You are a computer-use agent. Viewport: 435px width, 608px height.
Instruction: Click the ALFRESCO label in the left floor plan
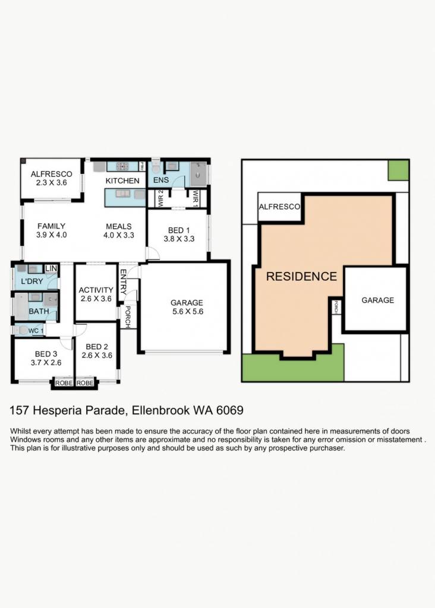pos(52,174)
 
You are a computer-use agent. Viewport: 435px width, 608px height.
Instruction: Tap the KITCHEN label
pos(122,180)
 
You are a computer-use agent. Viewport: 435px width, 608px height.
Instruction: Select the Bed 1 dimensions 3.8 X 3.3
pos(179,239)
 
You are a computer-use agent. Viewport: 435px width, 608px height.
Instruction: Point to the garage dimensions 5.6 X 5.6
pos(188,311)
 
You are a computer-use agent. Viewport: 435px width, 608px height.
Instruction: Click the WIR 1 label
pos(196,198)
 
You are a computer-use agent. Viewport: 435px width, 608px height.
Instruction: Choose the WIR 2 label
pos(161,198)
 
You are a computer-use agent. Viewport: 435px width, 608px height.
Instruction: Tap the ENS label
pos(161,180)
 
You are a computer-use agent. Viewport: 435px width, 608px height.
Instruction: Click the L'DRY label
pos(32,281)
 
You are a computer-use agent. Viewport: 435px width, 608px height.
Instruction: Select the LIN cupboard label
pos(51,268)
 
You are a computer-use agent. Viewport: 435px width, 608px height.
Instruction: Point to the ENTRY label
pos(124,282)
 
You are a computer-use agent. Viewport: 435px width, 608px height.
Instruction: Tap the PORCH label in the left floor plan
pos(128,317)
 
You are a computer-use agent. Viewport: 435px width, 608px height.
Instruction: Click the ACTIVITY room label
pos(96,290)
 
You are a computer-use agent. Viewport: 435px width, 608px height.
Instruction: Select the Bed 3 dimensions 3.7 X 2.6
pos(46,363)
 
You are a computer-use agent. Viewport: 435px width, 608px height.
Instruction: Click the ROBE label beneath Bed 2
pos(85,383)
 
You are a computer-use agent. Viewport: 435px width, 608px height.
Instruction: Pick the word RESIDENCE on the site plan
pos(301,277)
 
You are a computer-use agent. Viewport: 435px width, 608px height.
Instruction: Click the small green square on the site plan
pos(399,170)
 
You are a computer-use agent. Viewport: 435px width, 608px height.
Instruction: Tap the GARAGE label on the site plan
pos(377,300)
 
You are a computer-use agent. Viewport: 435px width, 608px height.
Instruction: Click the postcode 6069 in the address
pos(230,410)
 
